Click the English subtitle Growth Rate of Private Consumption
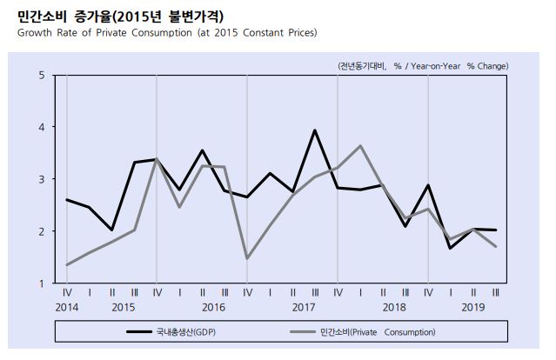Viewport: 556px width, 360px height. [166, 33]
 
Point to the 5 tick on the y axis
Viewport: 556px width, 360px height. [42, 75]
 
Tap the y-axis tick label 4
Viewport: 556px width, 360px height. [42, 127]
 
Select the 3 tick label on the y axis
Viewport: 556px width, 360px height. [42, 179]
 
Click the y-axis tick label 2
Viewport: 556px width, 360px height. [42, 231]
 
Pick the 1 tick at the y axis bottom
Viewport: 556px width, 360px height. [42, 283]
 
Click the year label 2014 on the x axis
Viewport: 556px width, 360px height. [66, 308]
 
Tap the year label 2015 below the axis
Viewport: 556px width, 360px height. [123, 308]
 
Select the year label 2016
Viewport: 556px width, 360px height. [213, 308]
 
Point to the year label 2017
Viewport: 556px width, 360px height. [304, 308]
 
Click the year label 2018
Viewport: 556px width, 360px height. [394, 308]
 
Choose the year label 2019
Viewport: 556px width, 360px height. [472, 308]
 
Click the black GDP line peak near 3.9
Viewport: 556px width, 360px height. [315, 130]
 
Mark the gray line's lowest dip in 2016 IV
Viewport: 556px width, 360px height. [247, 258]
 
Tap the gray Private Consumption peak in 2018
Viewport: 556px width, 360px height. [360, 145]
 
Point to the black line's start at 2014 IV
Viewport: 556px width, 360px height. [66, 200]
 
